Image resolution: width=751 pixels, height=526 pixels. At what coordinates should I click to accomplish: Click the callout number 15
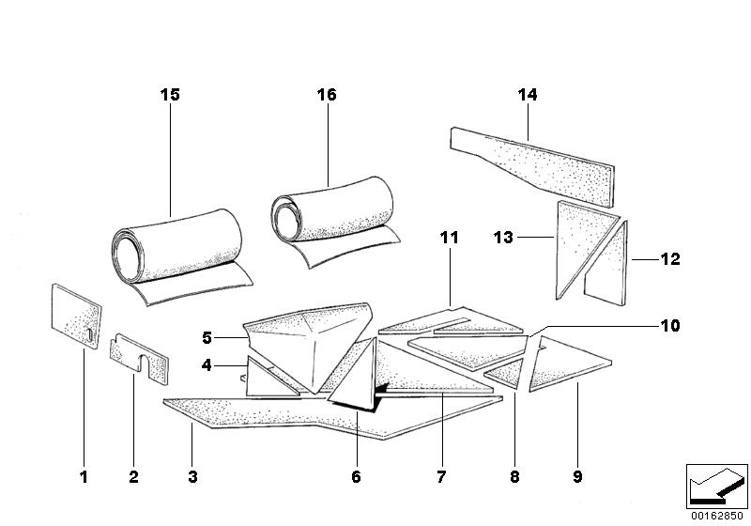[x=170, y=95]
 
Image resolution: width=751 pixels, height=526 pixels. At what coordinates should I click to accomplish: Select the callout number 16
[x=326, y=95]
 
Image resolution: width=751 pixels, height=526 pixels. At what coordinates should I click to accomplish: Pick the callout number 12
[x=670, y=258]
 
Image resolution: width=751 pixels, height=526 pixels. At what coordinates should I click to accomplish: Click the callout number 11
[x=450, y=239]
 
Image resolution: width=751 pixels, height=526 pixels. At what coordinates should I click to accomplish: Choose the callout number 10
[x=670, y=326]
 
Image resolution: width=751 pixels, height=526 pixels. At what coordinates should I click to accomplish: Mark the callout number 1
[x=83, y=477]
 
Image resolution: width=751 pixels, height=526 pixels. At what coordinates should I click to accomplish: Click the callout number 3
[x=192, y=477]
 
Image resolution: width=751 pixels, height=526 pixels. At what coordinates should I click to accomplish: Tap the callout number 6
[x=356, y=477]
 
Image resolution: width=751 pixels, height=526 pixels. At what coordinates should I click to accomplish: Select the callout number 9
[x=577, y=477]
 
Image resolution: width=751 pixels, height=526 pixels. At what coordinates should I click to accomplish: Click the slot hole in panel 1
[x=87, y=333]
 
